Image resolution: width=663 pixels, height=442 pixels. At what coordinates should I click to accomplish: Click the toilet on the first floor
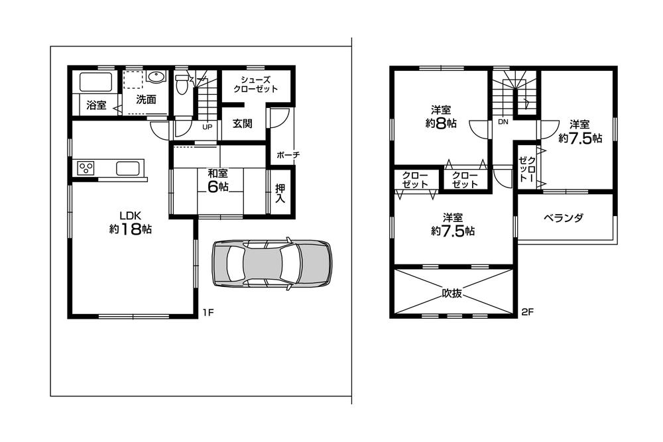182,86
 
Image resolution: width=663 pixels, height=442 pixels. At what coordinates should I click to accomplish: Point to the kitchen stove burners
87,168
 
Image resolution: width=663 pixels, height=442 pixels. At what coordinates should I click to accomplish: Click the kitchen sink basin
129,168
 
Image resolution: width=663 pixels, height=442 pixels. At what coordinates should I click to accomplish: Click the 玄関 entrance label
241,123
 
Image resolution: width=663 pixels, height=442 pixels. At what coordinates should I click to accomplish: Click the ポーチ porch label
288,154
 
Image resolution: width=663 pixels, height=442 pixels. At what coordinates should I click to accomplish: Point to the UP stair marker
207,127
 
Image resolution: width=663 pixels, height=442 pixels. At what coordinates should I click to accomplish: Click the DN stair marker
503,122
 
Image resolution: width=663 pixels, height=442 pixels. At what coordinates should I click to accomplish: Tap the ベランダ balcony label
563,218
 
